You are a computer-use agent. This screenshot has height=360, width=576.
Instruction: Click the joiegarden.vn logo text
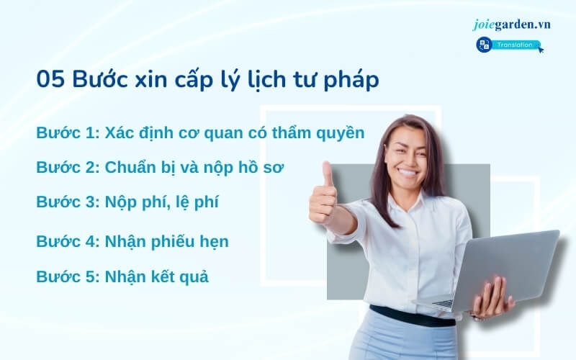point(512,24)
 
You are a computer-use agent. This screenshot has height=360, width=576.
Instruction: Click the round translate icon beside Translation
point(484,45)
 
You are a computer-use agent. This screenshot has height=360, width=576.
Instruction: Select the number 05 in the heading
point(50,78)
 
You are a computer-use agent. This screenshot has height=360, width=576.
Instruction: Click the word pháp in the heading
point(351,81)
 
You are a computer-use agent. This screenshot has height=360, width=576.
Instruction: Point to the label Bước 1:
point(68,132)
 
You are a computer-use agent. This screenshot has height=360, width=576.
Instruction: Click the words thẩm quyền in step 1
point(318,134)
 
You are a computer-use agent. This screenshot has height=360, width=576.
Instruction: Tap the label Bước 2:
point(68,167)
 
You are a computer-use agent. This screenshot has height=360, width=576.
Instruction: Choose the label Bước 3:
point(68,202)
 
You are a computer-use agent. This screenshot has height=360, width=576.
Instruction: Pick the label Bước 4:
point(68,241)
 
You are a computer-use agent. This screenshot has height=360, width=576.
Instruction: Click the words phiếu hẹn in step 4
point(190,242)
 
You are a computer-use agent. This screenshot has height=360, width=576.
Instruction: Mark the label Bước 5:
point(68,276)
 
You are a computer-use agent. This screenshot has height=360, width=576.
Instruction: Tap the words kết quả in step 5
point(181,277)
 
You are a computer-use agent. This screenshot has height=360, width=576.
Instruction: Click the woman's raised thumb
point(328,176)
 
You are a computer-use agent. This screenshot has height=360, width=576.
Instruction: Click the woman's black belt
point(413,316)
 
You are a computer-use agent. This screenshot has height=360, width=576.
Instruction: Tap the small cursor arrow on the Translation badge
point(541,49)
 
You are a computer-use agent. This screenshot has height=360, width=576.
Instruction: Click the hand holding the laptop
point(492,297)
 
